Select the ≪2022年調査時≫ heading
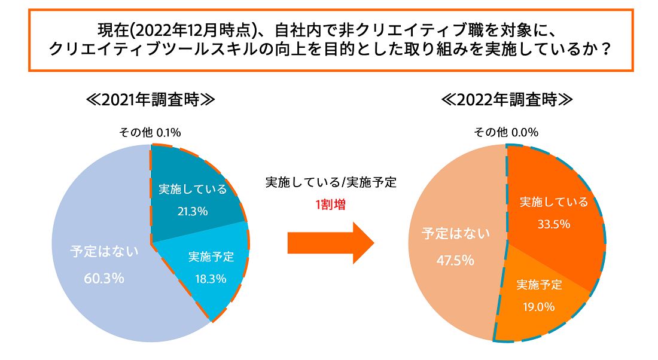point(507,99)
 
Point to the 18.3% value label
point(211,278)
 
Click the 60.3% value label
point(104,278)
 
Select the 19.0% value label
point(539,307)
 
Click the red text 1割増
point(330,205)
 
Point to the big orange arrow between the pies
point(330,243)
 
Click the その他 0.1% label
point(150,132)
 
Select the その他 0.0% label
point(506,132)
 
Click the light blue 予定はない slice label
point(104,251)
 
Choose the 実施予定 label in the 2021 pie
point(211,257)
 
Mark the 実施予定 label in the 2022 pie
point(539,285)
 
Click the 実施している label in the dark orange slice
point(554,202)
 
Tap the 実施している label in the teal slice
point(192,189)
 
